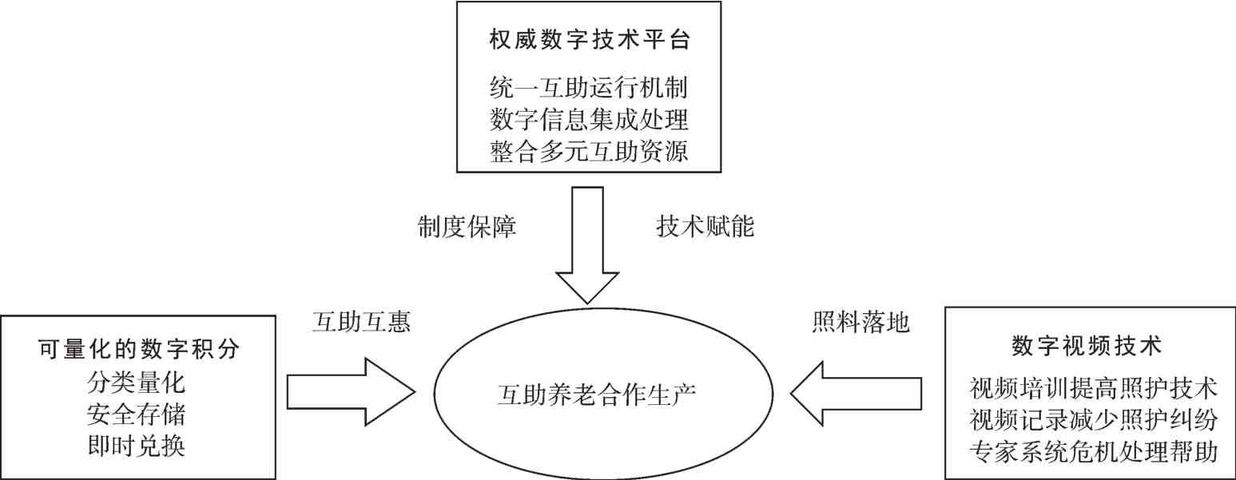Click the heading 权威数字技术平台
(x=589, y=40)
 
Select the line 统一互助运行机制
(x=589, y=86)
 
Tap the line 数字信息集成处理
(x=589, y=119)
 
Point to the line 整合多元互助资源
(x=589, y=152)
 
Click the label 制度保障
(x=466, y=227)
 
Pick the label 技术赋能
(x=705, y=227)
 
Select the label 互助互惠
(x=360, y=323)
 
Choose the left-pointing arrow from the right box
(x=856, y=391)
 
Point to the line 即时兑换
(x=137, y=446)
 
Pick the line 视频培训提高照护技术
(x=1093, y=388)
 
